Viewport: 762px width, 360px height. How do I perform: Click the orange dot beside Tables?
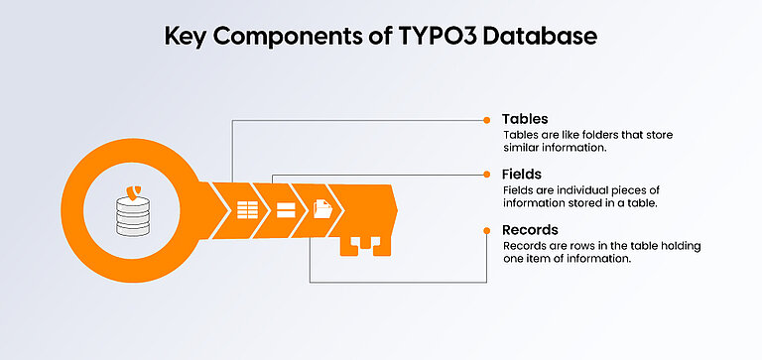(486, 119)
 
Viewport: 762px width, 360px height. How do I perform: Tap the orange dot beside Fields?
(486, 175)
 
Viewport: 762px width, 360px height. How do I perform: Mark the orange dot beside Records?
(486, 230)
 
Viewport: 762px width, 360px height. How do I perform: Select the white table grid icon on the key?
(246, 210)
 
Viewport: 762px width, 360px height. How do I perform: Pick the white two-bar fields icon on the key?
(286, 210)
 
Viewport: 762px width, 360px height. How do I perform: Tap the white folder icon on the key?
(322, 210)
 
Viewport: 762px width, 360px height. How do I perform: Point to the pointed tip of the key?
(395, 210)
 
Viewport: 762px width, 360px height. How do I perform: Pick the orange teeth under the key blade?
(362, 244)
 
